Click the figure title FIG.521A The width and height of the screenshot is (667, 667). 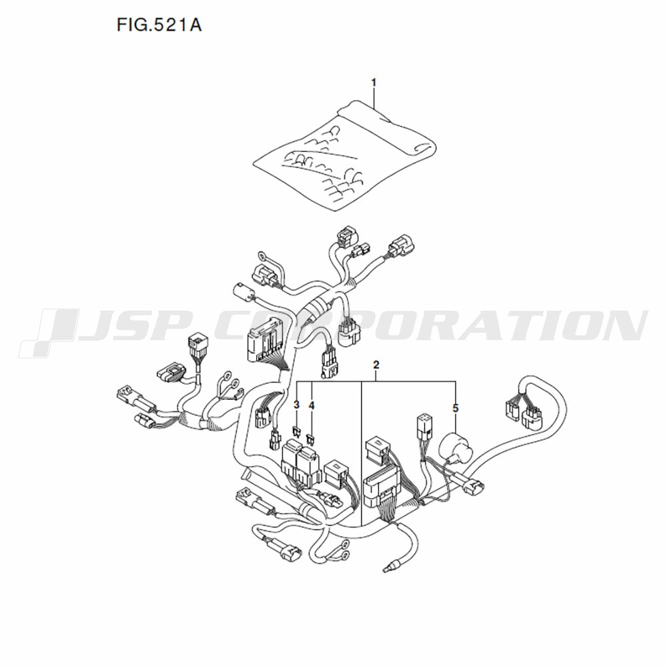coord(159,25)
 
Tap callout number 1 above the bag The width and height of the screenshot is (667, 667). coord(374,83)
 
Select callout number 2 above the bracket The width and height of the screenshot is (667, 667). coord(376,365)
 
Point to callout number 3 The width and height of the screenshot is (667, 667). coord(297,406)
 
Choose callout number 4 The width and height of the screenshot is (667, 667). coord(311,406)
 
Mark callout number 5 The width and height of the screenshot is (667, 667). coord(456,408)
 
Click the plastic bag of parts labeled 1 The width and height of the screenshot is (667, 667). coord(345,155)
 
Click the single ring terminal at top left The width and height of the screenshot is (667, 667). coord(262,257)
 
